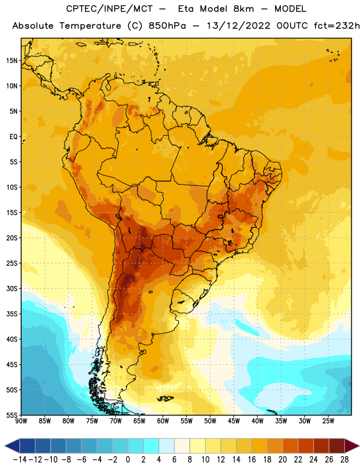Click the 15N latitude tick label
[x=12, y=61]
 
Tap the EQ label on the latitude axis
[x=13, y=137]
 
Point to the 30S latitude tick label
[x=12, y=288]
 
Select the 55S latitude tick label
[x=12, y=415]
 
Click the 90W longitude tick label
[x=21, y=421]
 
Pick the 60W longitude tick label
[x=163, y=421]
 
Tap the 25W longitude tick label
[x=328, y=421]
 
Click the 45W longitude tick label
[x=234, y=421]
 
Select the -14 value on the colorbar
[x=20, y=460]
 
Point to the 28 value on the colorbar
[x=344, y=460]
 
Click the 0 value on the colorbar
[x=128, y=460]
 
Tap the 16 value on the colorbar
[x=252, y=460]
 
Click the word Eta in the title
[x=185, y=9]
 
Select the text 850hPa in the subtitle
[x=167, y=26]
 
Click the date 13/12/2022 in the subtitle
[x=238, y=26]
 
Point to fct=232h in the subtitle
[x=337, y=26]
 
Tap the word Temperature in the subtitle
[x=90, y=26]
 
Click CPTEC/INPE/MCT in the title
[x=109, y=9]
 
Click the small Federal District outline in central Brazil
[x=220, y=216]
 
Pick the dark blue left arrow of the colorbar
[x=12, y=446]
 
